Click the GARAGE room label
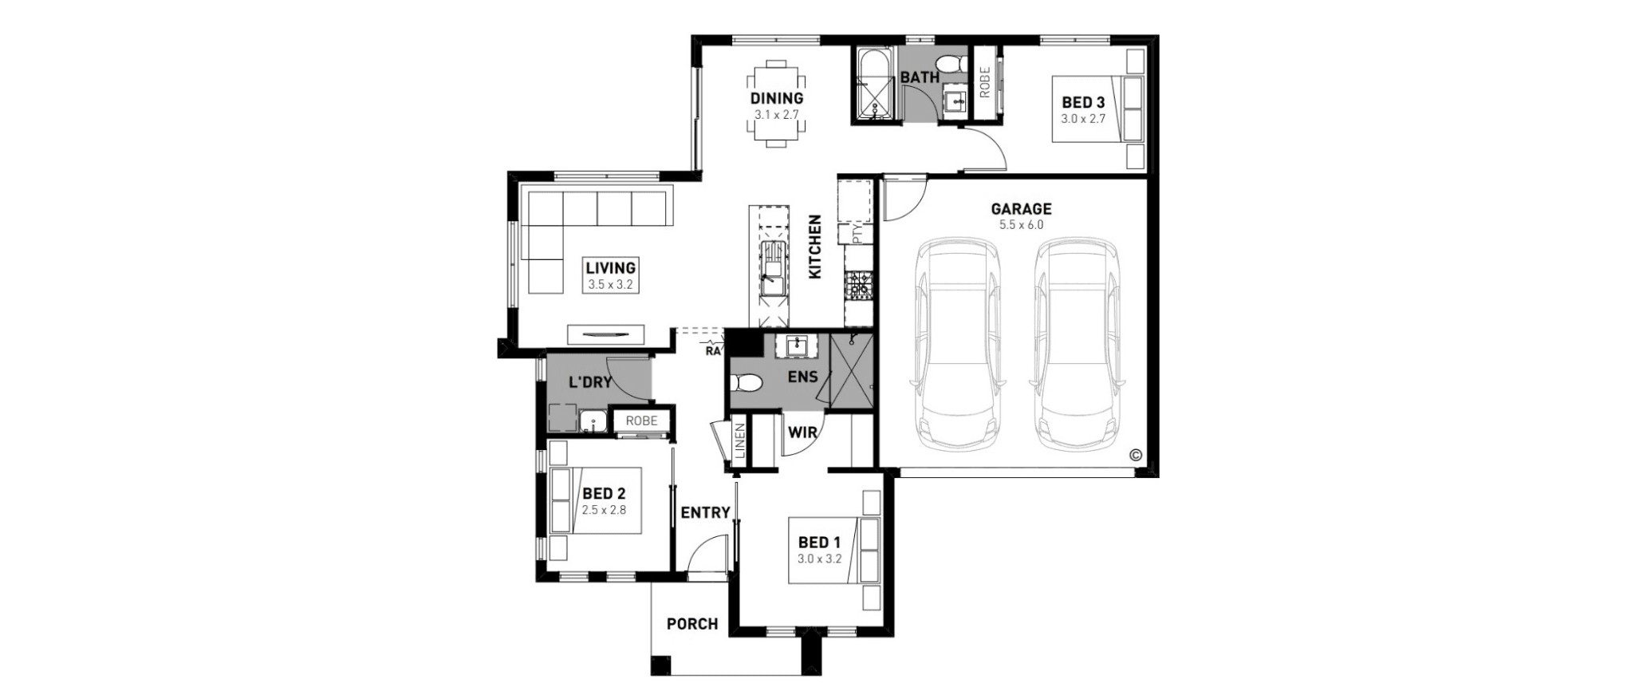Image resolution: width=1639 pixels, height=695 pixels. [x=1021, y=209]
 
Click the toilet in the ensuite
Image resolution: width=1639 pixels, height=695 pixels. [x=746, y=384]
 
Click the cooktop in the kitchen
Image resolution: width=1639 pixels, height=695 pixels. [x=858, y=285]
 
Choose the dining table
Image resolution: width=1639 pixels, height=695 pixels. [x=777, y=104]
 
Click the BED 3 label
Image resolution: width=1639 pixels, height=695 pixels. [x=1083, y=102]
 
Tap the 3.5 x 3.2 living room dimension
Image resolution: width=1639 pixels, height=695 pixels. [x=611, y=284]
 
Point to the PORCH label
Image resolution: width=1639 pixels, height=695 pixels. [x=692, y=624]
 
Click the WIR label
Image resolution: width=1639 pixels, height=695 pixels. [x=802, y=432]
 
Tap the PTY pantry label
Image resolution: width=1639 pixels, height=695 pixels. [x=857, y=235]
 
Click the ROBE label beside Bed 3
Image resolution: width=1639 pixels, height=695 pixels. [x=984, y=82]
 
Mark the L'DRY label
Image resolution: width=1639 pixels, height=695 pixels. [x=590, y=382]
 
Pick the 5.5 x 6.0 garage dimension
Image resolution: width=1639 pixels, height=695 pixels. [x=1021, y=225]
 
